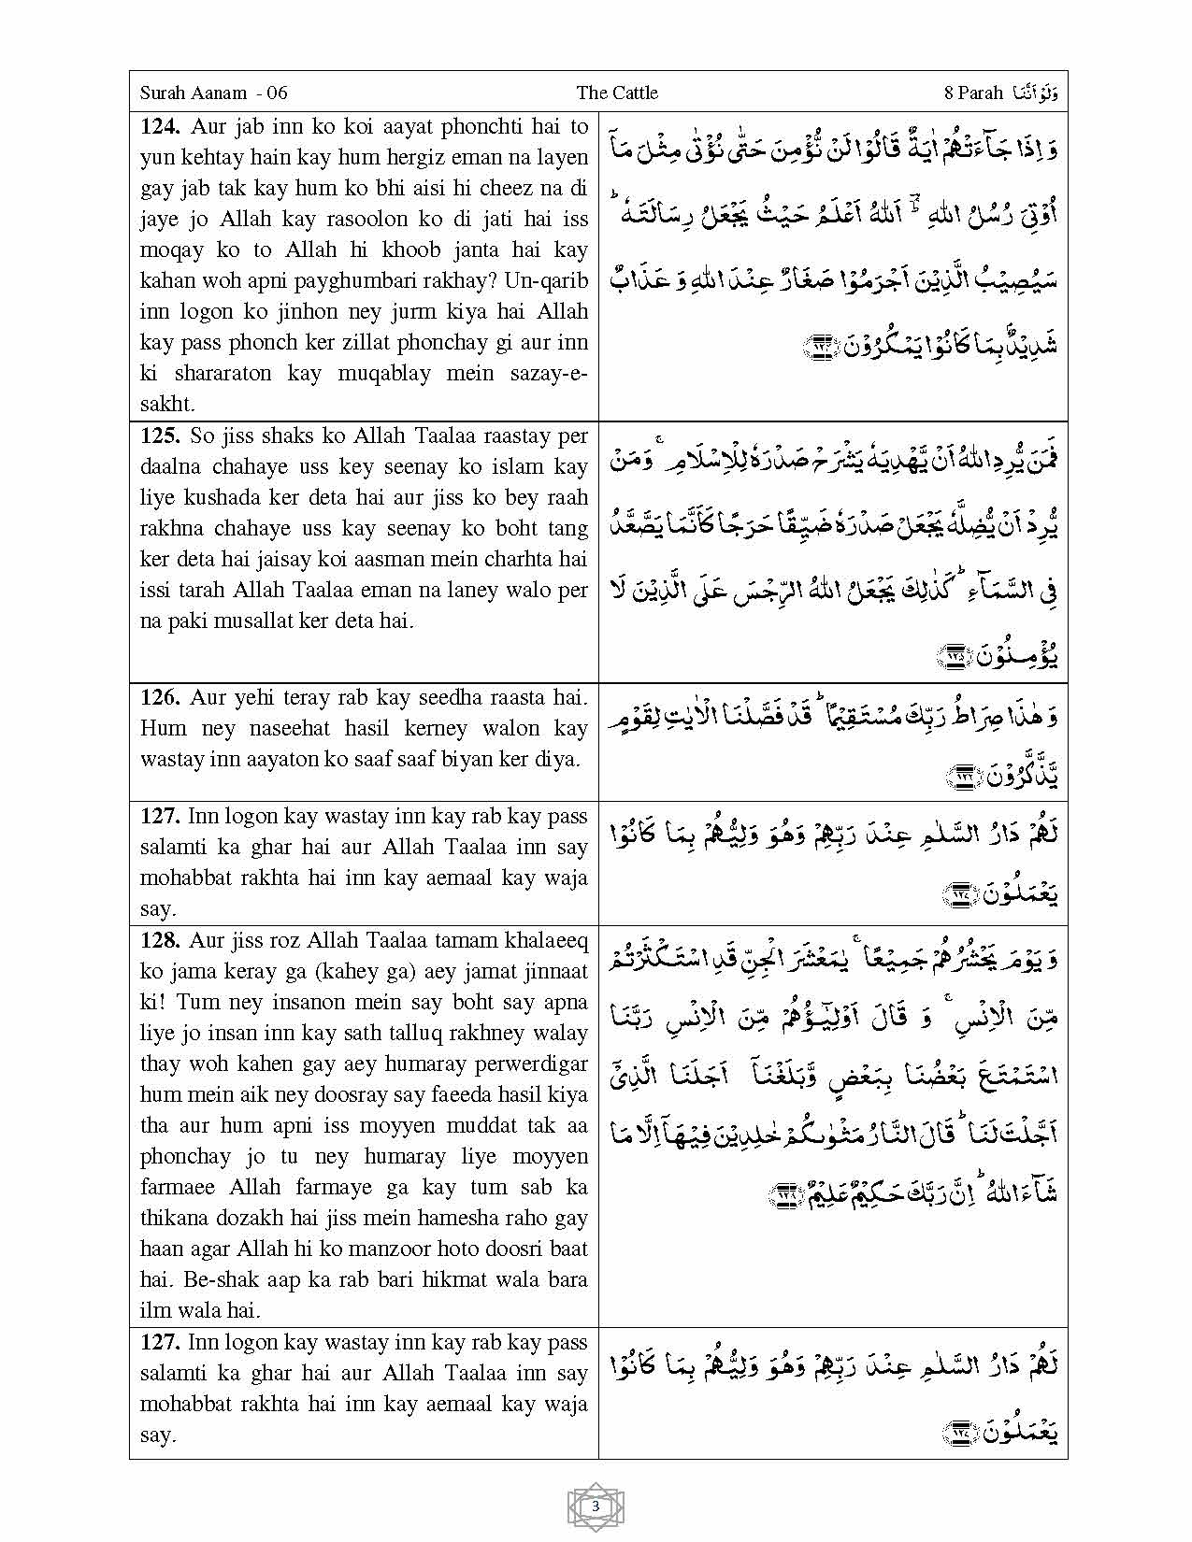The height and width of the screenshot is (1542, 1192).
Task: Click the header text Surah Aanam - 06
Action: coord(213,93)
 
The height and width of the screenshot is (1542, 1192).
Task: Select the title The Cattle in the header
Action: coord(617,93)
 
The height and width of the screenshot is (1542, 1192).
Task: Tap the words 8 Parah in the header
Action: coord(973,93)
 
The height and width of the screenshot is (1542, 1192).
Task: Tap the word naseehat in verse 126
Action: coord(289,728)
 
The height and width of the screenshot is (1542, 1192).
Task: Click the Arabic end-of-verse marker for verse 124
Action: coord(821,349)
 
